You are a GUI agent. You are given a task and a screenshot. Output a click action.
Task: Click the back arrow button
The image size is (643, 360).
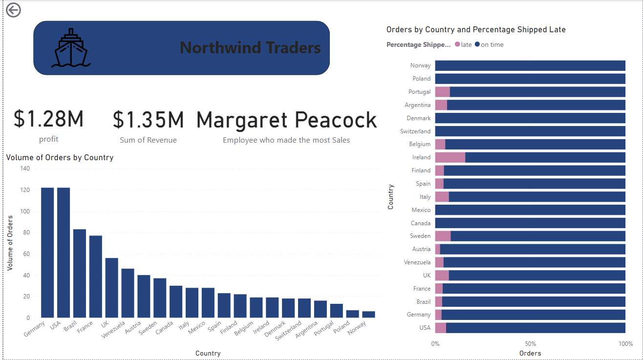[x=13, y=10]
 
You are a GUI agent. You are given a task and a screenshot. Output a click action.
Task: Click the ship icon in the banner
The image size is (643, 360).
[x=71, y=48]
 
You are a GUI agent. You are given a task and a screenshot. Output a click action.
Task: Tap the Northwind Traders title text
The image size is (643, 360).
[x=250, y=48]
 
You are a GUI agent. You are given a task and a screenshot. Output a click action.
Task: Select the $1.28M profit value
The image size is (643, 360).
[x=49, y=119]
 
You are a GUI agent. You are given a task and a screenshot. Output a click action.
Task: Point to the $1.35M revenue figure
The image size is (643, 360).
[x=148, y=120]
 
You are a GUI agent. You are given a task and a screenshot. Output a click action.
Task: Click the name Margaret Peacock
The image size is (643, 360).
[x=286, y=120]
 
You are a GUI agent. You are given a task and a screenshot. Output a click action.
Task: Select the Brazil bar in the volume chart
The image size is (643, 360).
[x=80, y=274]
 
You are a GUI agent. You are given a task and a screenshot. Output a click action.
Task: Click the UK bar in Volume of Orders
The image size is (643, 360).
[x=112, y=288]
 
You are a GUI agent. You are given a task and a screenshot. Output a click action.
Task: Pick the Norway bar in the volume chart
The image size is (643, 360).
[x=369, y=315]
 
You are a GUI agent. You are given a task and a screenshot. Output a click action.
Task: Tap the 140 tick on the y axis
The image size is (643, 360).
[x=25, y=169]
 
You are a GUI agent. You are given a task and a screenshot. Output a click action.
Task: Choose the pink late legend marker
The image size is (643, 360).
[x=458, y=44]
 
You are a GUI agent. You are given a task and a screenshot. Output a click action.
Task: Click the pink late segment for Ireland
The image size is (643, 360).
[x=450, y=157]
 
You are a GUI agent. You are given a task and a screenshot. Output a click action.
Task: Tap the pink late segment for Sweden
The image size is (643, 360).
[x=443, y=236]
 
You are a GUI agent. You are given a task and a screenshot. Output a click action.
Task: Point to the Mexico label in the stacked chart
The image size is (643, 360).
[x=421, y=210]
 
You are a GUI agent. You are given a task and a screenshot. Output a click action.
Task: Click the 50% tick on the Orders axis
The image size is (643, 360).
[x=530, y=343]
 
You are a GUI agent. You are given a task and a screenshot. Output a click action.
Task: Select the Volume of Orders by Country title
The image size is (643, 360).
[x=60, y=157]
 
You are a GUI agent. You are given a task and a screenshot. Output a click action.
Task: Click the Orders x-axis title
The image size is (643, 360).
[x=530, y=353]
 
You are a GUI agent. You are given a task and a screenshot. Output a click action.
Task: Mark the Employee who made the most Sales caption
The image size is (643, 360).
[x=286, y=140]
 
